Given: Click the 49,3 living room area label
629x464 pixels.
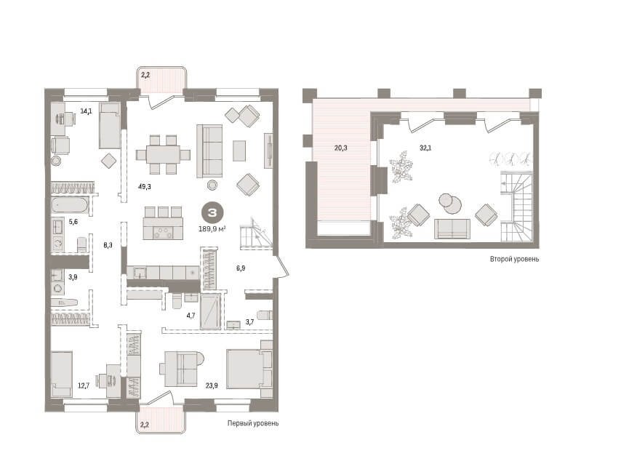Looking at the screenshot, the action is click(x=145, y=186).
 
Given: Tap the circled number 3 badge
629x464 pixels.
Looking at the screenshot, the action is click(x=212, y=213).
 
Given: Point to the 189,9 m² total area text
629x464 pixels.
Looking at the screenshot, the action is click(x=212, y=229).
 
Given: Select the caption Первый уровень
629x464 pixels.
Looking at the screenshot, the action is click(x=253, y=423).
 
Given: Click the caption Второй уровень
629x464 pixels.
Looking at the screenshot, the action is click(x=514, y=259).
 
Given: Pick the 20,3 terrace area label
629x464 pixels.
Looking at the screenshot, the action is click(x=340, y=148).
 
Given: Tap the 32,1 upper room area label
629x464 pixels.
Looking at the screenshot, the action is click(x=425, y=148).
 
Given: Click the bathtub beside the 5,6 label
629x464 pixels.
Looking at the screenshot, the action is click(x=69, y=206).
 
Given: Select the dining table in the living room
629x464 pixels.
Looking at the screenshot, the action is click(x=164, y=154).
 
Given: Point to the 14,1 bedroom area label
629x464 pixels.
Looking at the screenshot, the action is click(x=86, y=111).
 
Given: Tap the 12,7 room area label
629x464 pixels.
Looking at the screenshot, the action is click(x=84, y=385).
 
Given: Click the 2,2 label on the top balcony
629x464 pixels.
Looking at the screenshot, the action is click(x=145, y=75).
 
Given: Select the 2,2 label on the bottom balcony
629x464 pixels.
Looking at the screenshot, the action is click(x=145, y=424).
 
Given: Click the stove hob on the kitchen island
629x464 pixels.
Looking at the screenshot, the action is click(x=164, y=233).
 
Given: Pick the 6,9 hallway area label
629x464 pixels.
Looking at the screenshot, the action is click(x=241, y=268).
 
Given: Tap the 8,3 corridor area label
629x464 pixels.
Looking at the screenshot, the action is click(x=108, y=245).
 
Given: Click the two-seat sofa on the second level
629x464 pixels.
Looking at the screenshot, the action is click(x=452, y=229).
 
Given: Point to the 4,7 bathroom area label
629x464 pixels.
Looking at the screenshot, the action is click(x=191, y=316).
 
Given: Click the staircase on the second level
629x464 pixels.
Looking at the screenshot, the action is click(x=517, y=207).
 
